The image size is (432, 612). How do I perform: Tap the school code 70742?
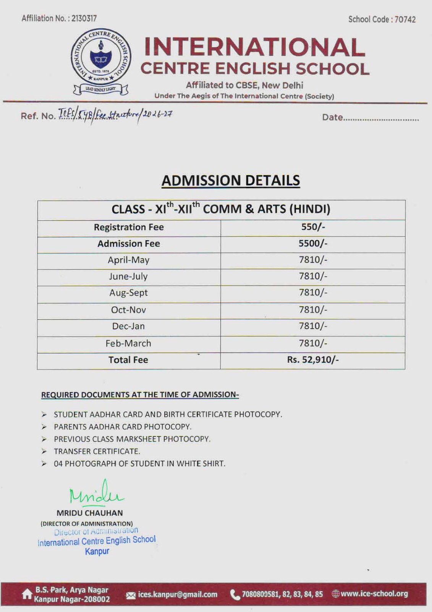tap(405, 20)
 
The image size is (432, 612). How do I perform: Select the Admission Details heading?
tap(231, 181)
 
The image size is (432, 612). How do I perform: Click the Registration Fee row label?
tap(129, 227)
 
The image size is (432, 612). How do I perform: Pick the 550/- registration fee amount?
tap(313, 227)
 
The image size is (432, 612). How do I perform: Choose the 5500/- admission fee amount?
tap(313, 243)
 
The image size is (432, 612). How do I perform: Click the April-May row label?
tap(129, 260)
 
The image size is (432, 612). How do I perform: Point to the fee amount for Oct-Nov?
tap(313, 309)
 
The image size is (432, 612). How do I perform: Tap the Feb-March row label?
tap(128, 343)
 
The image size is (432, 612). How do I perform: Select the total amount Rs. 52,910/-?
tap(313, 360)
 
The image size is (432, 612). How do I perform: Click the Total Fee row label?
tap(128, 360)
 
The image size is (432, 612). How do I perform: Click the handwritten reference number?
tap(115, 114)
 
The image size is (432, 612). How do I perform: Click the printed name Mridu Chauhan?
tap(90, 513)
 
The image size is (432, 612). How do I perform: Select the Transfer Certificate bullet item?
tap(97, 451)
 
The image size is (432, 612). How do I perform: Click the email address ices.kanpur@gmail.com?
tap(177, 594)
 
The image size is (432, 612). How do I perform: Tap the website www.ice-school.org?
tap(374, 594)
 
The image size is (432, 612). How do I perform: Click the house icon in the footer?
tap(27, 594)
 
